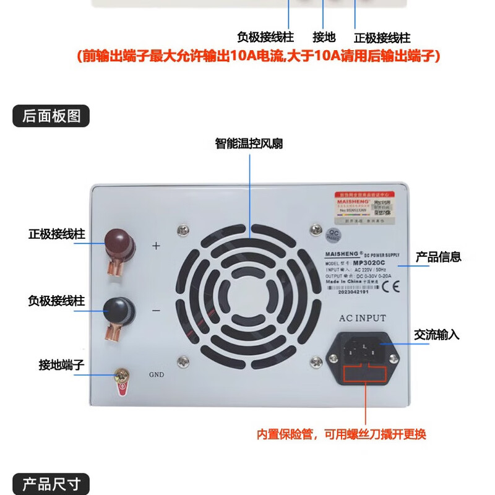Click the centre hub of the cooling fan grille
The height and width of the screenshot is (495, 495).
point(251,295)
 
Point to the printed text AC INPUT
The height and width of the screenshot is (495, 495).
point(362,318)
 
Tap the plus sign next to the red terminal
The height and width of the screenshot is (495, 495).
point(156,246)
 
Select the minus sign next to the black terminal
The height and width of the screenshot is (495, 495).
point(156,311)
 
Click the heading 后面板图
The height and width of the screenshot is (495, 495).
point(51,116)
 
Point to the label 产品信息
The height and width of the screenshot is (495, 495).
point(438,257)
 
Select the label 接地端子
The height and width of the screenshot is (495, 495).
point(61,365)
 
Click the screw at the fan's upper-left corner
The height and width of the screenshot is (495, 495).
point(182,231)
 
